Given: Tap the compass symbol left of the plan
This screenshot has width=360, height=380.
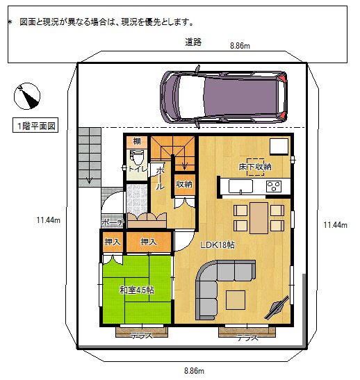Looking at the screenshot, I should point(28,97).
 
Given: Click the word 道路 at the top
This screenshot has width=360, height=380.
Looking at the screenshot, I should point(193,42).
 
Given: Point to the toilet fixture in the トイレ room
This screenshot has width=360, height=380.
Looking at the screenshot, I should point(138,157).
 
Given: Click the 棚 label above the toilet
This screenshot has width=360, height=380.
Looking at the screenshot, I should point(138,142).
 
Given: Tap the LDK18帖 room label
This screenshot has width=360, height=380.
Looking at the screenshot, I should point(218,245).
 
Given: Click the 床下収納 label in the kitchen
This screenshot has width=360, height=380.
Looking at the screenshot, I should point(255,167).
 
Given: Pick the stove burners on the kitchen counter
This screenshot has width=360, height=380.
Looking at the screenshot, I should point(274,186).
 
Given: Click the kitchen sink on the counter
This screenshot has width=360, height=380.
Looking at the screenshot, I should point(243,187).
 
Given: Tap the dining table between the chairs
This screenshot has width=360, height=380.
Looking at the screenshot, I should point(259,217).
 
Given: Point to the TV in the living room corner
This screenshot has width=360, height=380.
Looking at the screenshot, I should point(277,306).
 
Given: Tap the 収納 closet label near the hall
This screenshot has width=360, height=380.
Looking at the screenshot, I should point(184,184).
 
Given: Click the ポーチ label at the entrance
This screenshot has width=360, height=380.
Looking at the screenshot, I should point(111,222).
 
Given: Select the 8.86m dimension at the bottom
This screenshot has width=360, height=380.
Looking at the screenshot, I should point(194,370).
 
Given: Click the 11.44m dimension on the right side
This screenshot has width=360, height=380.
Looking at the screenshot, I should point(335,224).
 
